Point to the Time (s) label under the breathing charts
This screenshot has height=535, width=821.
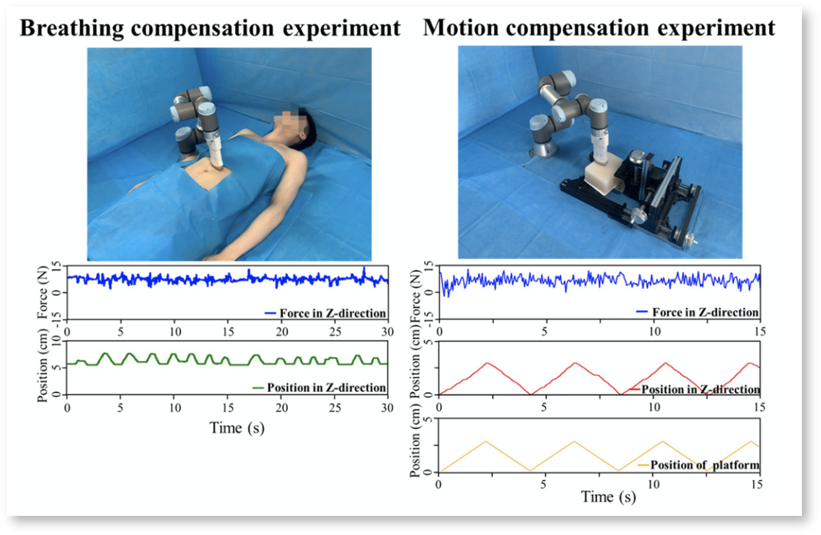click(237, 428)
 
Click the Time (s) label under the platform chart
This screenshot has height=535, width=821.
click(608, 497)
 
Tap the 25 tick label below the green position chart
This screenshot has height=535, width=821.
click(335, 408)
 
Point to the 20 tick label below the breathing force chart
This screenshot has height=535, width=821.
click(282, 332)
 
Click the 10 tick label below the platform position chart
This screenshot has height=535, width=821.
click(654, 484)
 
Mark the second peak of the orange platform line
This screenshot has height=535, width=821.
click(574, 441)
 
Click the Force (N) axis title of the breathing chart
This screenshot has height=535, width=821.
click(42, 292)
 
